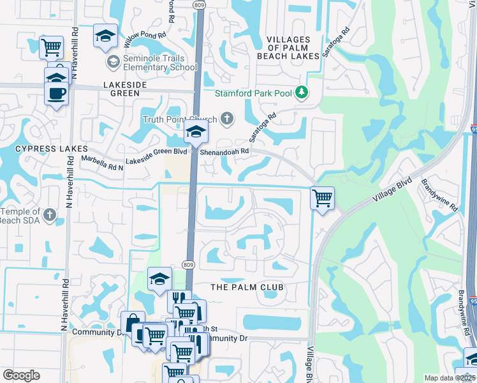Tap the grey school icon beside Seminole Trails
point(114,62)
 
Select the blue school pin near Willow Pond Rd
point(105,35)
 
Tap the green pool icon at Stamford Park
point(302,93)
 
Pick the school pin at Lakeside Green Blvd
point(195,133)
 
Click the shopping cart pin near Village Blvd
point(323,198)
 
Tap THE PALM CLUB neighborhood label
point(247,287)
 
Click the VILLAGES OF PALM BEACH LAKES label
point(288,48)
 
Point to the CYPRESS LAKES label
point(41,149)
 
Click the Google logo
point(21,375)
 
